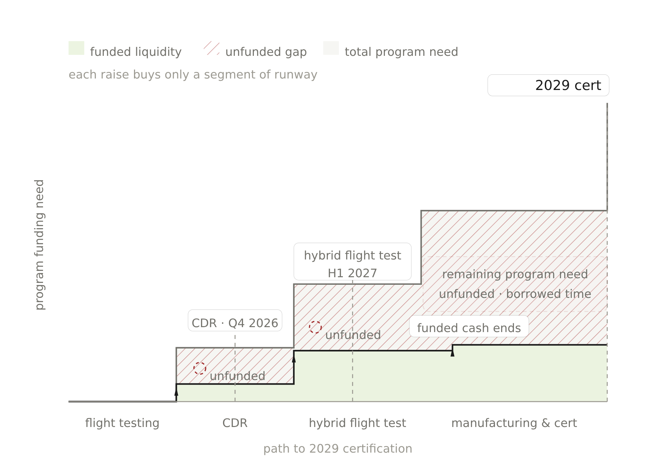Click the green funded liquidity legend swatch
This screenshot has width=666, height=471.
pyautogui.click(x=76, y=48)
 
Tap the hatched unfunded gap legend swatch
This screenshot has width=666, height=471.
pyautogui.click(x=211, y=48)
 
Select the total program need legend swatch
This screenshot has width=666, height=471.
pyautogui.click(x=331, y=48)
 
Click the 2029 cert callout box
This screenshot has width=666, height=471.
pyautogui.click(x=548, y=85)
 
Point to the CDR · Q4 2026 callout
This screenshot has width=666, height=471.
pyautogui.click(x=235, y=321)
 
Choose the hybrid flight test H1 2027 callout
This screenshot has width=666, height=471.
pyautogui.click(x=352, y=262)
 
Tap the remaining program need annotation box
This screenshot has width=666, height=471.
pyautogui.click(x=515, y=284)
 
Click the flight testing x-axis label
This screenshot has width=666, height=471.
pyautogui.click(x=122, y=423)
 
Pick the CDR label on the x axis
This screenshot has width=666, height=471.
pyautogui.click(x=235, y=423)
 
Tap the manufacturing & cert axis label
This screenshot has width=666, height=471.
pyautogui.click(x=514, y=423)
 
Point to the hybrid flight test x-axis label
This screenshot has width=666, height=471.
pyautogui.click(x=357, y=423)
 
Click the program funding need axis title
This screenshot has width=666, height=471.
pyautogui.click(x=40, y=245)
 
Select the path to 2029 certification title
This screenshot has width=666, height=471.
pyautogui.click(x=338, y=449)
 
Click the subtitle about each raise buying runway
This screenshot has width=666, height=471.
pyautogui.click(x=193, y=75)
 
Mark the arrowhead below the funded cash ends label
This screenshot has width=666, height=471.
pyautogui.click(x=453, y=353)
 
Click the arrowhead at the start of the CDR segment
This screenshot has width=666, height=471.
pyautogui.click(x=176, y=392)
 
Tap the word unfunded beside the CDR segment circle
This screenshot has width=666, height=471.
pyautogui.click(x=237, y=376)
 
